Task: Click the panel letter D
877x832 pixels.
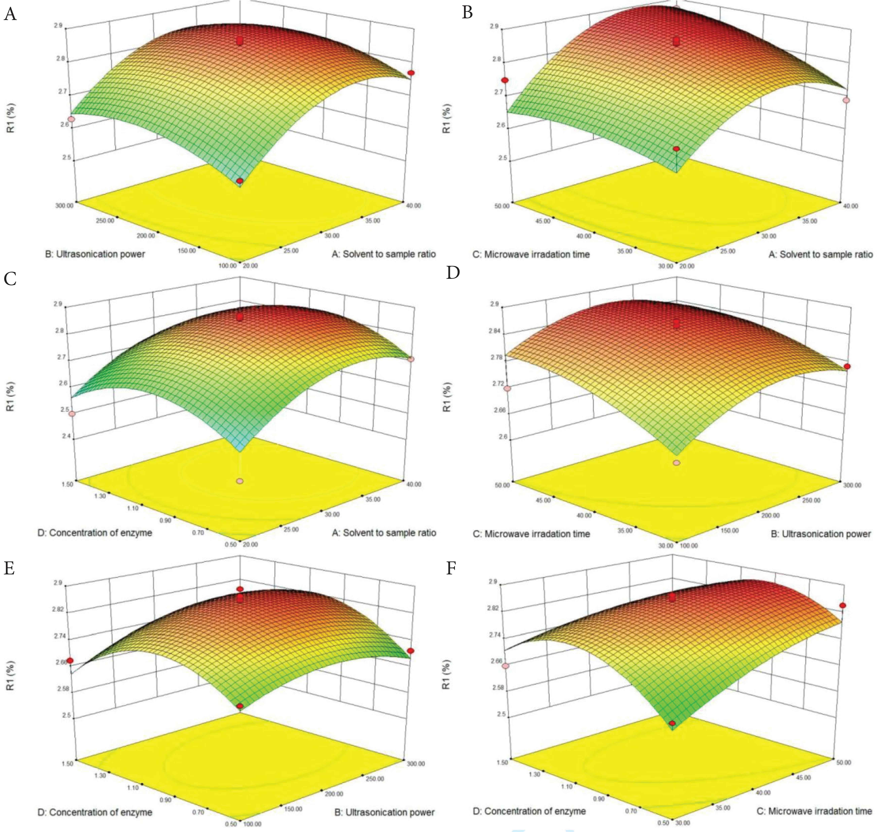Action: tap(453, 273)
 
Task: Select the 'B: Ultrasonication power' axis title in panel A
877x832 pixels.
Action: tap(95, 254)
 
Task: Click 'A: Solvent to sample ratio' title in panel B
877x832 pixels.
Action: tap(820, 254)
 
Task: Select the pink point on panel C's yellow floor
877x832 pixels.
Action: tap(240, 481)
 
